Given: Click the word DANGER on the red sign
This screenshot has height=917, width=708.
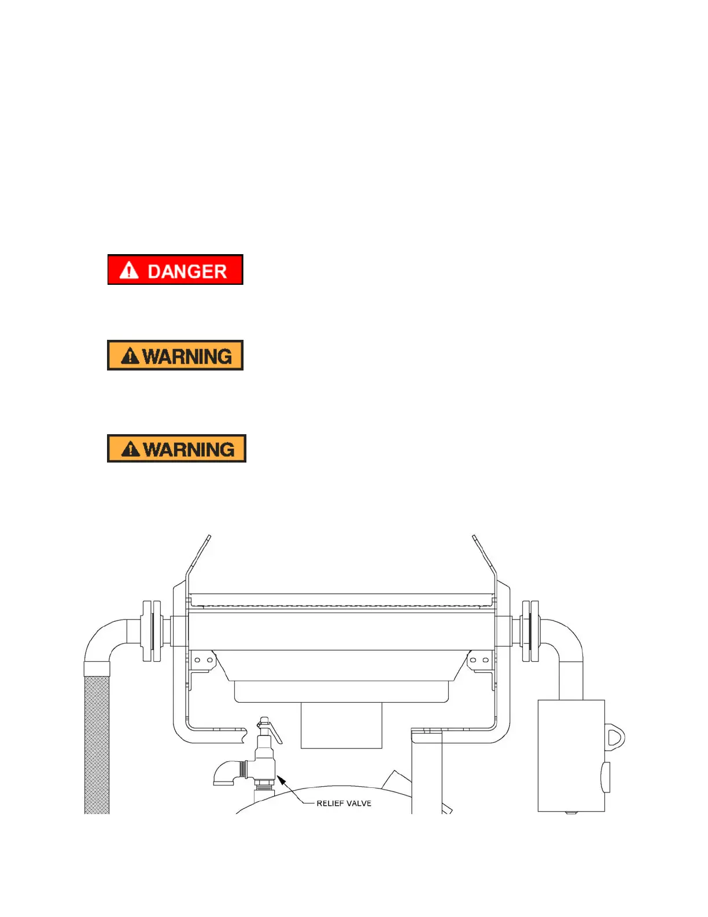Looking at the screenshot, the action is point(187,271).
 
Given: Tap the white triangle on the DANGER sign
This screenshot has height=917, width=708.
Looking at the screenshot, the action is point(129,270).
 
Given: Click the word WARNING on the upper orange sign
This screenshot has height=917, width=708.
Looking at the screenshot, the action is point(187,356).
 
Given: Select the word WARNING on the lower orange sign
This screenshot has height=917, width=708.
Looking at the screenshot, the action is point(189,449).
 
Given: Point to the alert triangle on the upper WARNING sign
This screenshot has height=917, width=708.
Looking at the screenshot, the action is point(130,355).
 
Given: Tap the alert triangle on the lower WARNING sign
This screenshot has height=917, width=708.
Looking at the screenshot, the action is point(131,449).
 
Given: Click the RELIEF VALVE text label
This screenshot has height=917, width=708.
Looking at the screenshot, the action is point(344,804).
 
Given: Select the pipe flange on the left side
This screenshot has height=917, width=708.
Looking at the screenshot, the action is point(151,631).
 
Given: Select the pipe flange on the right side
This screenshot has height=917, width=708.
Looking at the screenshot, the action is point(530,631).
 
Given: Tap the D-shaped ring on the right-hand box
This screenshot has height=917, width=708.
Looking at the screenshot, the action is point(615,737).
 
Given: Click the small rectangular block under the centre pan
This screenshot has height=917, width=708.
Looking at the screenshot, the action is point(341,725).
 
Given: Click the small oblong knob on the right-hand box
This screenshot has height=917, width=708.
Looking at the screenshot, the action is point(606,777).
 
